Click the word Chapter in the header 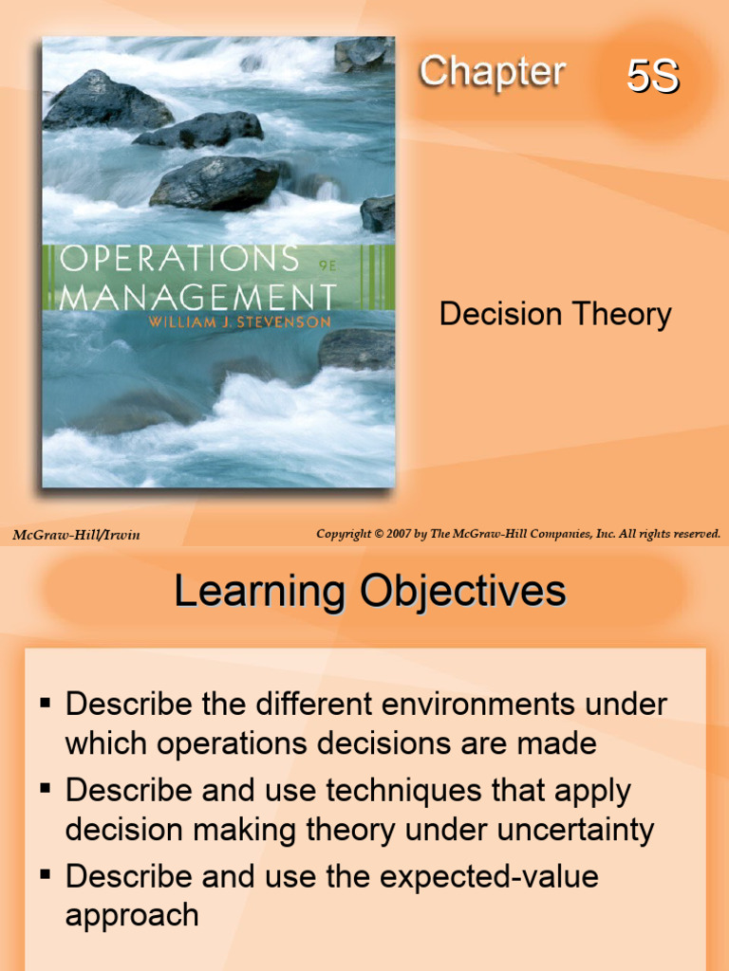492,72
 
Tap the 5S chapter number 652,78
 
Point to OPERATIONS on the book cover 178,259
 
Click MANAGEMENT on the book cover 197,296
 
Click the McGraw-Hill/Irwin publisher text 76,535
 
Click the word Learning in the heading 259,592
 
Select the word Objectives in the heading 461,592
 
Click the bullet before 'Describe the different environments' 45,704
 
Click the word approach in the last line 131,915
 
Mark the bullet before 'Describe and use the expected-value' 45,874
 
